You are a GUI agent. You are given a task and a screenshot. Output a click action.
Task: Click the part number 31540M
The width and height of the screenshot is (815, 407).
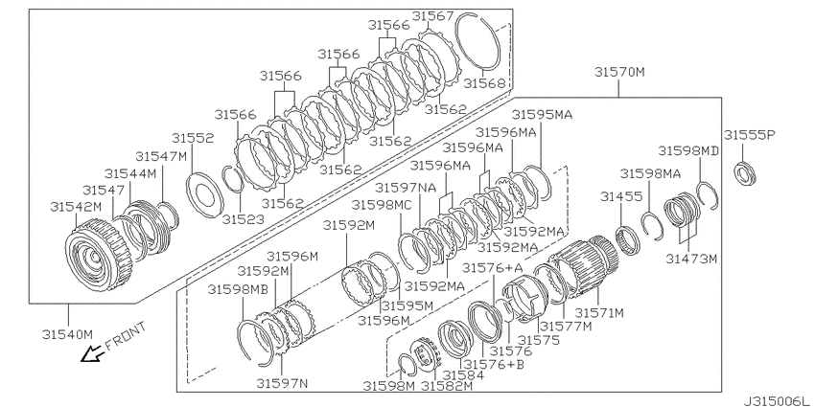click(x=67, y=334)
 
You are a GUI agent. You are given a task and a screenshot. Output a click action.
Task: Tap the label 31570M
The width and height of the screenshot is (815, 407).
click(x=619, y=72)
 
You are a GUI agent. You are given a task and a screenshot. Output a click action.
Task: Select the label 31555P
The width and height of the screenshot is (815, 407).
click(x=750, y=135)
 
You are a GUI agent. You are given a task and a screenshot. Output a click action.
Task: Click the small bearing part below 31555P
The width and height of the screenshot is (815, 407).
click(x=744, y=173)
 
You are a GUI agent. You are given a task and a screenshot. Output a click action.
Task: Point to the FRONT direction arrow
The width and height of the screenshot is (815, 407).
click(x=92, y=354)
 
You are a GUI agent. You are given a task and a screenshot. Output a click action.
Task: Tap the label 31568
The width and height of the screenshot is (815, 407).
click(x=484, y=83)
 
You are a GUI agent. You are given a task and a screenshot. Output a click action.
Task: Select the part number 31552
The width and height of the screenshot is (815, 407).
click(x=193, y=138)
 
